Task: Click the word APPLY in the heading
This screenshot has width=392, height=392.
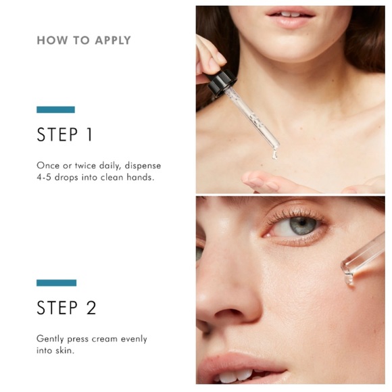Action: (113, 41)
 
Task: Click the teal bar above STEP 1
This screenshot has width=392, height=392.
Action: (55, 109)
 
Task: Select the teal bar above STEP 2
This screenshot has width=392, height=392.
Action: (56, 283)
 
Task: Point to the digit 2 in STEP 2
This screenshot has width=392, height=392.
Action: (91, 308)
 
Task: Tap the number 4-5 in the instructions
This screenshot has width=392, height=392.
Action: (44, 177)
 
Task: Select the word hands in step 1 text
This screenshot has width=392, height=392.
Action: (141, 177)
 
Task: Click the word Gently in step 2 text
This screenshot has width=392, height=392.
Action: (50, 339)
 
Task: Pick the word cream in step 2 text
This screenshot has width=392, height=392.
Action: (105, 339)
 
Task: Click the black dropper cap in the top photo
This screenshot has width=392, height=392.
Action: (222, 82)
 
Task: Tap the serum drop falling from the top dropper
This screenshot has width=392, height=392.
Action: (274, 154)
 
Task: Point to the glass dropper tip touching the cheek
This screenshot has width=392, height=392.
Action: (348, 279)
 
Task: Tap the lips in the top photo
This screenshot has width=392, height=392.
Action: (291, 17)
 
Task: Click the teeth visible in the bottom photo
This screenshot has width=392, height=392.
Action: (235, 376)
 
